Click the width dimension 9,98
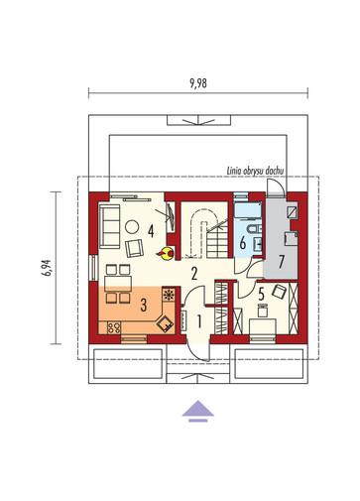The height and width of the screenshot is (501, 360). (198, 83)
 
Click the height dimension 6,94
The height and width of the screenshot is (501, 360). (48, 268)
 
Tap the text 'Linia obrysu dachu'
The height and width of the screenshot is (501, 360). (255, 172)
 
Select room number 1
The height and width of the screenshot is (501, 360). (199, 321)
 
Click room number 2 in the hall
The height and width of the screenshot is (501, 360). (194, 273)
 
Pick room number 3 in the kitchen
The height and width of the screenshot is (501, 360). (143, 305)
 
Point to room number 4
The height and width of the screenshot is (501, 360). (151, 231)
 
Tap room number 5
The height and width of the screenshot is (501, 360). (261, 293)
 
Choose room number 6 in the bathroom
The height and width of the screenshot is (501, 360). (242, 244)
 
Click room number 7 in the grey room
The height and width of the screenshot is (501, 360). (281, 262)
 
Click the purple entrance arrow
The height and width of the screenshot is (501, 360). (198, 411)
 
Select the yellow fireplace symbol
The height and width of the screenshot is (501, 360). (167, 254)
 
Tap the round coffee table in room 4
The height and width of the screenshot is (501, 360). (132, 227)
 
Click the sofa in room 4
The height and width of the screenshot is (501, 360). (109, 226)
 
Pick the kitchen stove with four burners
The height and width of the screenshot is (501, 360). (114, 327)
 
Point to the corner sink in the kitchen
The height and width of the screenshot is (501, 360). (165, 323)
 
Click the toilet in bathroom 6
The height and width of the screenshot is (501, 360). (253, 228)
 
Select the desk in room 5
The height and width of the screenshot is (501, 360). (263, 326)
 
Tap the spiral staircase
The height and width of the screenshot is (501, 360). (205, 231)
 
